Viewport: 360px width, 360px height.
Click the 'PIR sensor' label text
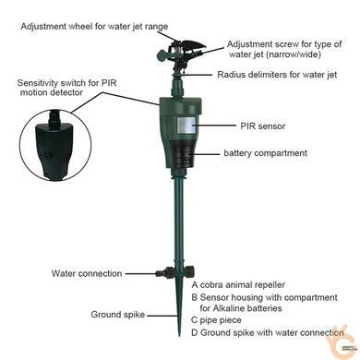point(262,126)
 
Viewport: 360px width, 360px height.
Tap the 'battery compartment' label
point(265,153)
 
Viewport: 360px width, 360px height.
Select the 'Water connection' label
point(87,273)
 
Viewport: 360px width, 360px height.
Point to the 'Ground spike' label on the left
point(118,315)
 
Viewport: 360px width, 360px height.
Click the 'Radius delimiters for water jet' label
point(277,75)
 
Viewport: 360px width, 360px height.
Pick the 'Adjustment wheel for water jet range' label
point(94,26)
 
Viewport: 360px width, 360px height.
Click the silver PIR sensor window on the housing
point(186,126)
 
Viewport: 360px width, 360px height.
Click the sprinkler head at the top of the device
point(181,54)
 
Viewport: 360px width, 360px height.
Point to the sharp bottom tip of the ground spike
point(179,336)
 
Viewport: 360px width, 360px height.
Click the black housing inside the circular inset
point(55,147)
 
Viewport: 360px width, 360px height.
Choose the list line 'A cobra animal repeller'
point(238,285)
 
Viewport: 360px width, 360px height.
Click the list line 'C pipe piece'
point(216,320)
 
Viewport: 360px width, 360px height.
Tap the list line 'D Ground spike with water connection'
point(267,332)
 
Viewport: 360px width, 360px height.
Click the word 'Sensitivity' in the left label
point(37,83)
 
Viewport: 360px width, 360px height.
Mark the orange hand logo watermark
point(340,339)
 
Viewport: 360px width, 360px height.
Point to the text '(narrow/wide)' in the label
point(275,54)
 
